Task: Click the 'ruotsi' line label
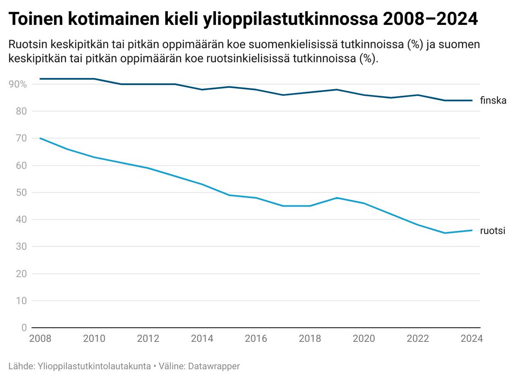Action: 493,231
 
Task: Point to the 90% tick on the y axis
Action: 18,84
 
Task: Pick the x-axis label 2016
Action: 256,339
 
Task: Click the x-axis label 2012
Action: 148,339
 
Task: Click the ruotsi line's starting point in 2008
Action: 40,138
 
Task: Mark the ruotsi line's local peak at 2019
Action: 337,198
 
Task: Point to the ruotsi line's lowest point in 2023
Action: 445,233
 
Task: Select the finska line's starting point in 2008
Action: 40,79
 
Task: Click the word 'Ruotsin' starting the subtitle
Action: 25,45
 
